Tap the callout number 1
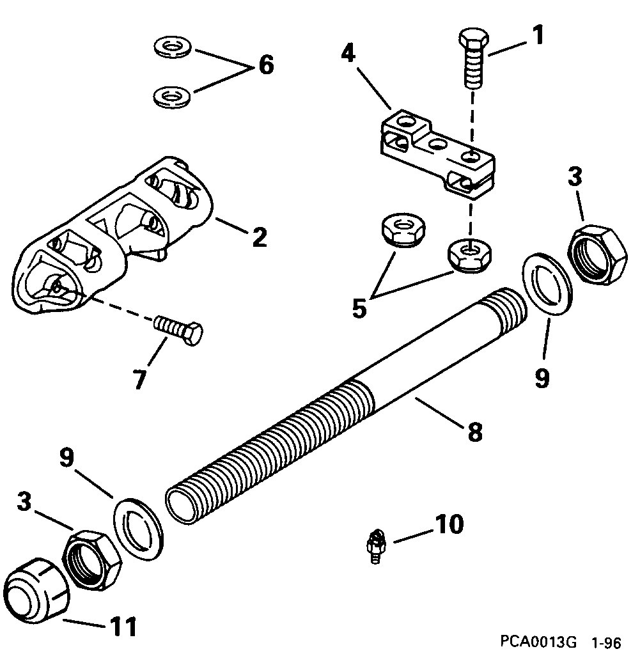tap(538, 35)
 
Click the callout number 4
tap(348, 54)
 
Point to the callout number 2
tap(260, 238)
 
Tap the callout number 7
tap(140, 379)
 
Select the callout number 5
tap(360, 309)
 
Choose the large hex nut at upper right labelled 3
tap(597, 255)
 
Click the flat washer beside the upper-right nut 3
tap(547, 284)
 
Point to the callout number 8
tap(475, 432)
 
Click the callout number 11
tap(123, 627)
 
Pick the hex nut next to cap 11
tap(92, 560)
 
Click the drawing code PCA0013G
tap(538, 641)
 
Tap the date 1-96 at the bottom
tap(607, 642)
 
